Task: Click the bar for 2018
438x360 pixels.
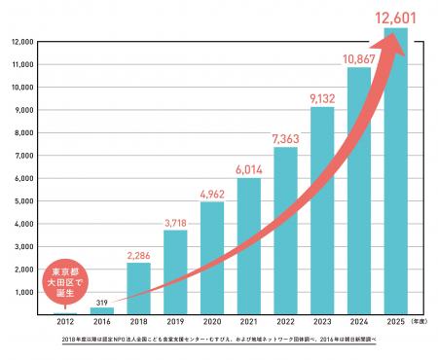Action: (138, 289)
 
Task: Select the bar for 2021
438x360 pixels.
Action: (249, 246)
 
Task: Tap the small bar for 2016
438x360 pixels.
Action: (102, 310)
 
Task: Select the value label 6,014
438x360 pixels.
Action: (249, 167)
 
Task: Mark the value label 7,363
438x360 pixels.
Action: (285, 136)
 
